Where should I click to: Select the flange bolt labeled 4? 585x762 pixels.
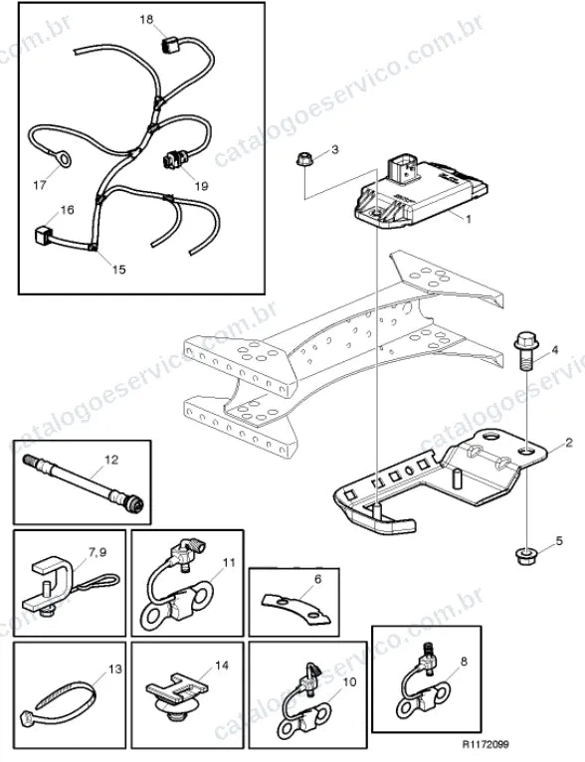tap(525, 350)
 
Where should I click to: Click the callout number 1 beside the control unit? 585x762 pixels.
tap(469, 219)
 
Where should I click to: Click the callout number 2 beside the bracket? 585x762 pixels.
tap(569, 443)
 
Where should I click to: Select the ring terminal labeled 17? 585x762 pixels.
tap(62, 159)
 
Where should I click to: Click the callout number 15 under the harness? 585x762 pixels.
tap(119, 270)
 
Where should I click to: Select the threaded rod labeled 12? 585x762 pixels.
tap(84, 483)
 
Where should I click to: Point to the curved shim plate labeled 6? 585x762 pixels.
tap(295, 608)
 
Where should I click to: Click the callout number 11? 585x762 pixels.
tap(229, 563)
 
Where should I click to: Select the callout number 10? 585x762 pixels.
tap(349, 681)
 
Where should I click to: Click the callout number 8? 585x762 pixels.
tap(464, 662)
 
